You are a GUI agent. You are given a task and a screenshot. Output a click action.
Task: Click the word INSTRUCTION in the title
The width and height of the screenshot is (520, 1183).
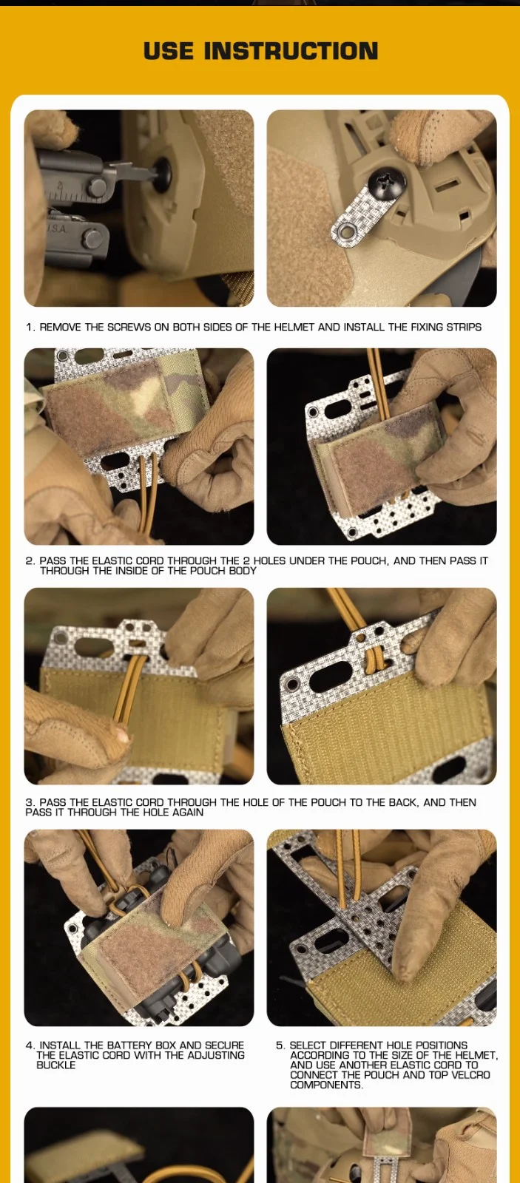click(x=291, y=51)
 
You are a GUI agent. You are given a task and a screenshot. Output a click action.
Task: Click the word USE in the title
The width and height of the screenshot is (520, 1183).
click(x=169, y=51)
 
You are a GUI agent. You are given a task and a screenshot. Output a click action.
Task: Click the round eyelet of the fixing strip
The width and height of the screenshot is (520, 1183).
click(x=346, y=231)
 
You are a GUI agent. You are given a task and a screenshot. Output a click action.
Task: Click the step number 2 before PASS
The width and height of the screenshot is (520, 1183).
click(x=30, y=561)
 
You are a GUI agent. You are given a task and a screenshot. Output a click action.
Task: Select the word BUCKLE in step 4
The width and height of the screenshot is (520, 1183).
click(x=56, y=1065)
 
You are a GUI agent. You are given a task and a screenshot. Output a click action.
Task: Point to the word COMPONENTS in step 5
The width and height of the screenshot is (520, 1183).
click(x=326, y=1085)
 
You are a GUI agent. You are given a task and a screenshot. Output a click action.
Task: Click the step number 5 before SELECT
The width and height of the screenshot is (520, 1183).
click(x=280, y=1045)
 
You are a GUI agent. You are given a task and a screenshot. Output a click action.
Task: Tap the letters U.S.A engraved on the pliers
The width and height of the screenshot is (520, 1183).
click(x=57, y=229)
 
